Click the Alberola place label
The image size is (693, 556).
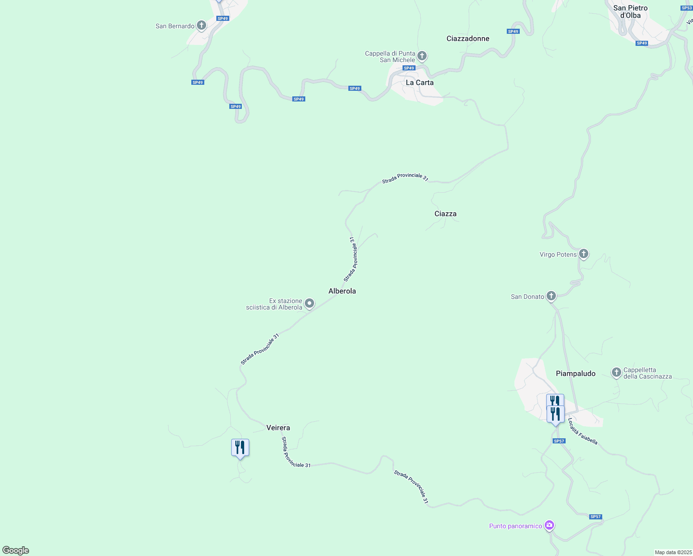coord(342,291)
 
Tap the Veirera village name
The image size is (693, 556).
coord(278,428)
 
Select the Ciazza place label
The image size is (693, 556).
coord(445,214)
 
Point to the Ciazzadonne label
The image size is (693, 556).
coord(467,38)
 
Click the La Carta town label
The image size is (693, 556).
coord(419,82)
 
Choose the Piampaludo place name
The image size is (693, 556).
coord(575,373)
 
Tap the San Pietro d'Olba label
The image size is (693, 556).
coord(630,12)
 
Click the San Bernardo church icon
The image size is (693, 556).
coord(202,25)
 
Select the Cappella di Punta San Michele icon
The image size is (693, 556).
coord(422,56)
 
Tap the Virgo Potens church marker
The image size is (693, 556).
coord(584,253)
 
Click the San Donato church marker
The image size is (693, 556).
coord(551,296)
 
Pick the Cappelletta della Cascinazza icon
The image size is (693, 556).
coord(616,372)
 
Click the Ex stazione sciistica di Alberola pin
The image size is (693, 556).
coord(309,303)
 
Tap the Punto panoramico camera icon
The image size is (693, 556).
coord(549,525)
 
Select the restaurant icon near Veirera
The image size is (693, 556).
coord(240,448)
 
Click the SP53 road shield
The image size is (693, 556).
coord(687,8)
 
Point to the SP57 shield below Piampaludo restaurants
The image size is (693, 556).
coord(559,441)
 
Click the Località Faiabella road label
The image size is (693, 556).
coord(583,431)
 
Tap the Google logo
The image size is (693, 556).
coord(16,550)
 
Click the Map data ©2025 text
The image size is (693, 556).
coord(673,552)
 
